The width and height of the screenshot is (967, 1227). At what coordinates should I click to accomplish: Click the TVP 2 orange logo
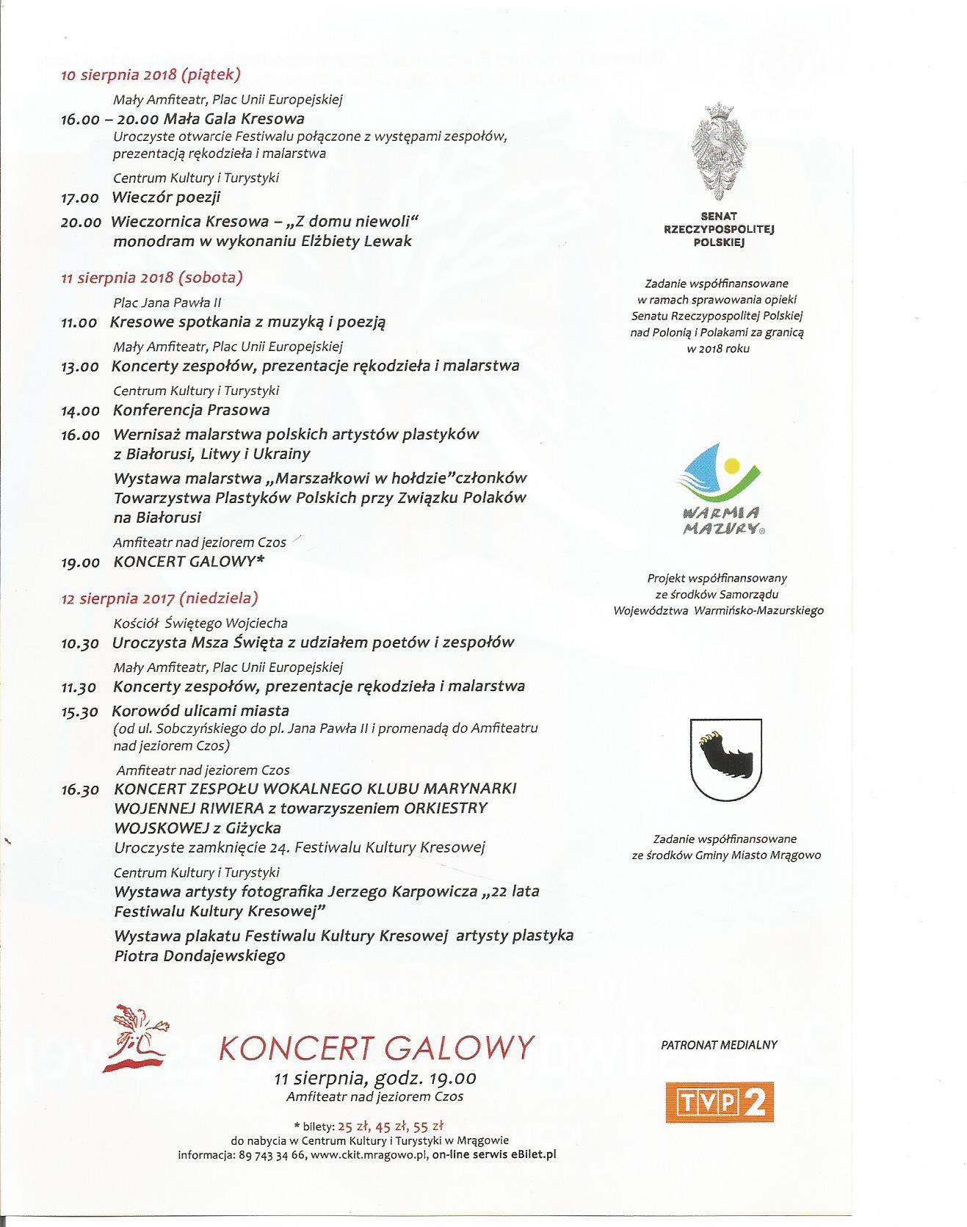[x=719, y=1102]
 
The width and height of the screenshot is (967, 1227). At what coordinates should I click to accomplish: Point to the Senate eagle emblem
[x=718, y=151]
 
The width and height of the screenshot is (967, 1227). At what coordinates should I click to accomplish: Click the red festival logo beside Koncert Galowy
[x=137, y=1039]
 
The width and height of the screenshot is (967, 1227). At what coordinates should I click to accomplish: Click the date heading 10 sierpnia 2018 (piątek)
[x=151, y=74]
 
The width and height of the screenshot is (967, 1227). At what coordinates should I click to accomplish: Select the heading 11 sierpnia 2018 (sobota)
[x=151, y=278]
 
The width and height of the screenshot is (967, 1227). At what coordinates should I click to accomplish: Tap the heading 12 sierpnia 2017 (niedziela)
[x=159, y=598]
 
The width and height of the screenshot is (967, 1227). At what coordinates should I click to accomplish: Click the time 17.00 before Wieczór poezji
[x=79, y=198]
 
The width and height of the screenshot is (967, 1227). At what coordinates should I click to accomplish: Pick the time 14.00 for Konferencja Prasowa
[x=80, y=410]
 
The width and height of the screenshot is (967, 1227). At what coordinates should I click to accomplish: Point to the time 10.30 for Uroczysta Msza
[x=79, y=643]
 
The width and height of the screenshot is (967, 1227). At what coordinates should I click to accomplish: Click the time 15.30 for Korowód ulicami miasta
[x=79, y=712]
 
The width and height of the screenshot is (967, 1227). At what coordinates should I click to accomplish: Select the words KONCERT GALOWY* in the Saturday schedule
[x=189, y=562]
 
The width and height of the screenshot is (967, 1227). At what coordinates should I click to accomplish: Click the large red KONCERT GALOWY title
[x=377, y=1048]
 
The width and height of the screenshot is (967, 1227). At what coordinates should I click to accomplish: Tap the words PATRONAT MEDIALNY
[x=719, y=1045]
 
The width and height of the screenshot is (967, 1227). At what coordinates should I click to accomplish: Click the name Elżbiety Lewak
[x=356, y=241]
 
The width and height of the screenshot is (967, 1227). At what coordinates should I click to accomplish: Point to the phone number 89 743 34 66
[x=272, y=1154]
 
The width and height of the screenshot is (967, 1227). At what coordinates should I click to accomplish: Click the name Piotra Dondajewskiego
[x=200, y=956]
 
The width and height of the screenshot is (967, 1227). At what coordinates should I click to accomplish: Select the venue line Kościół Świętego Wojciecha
[x=200, y=623]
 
